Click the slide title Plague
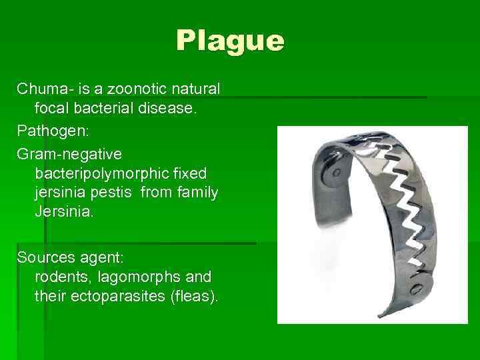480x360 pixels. [x=230, y=41]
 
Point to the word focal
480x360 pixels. [x=52, y=107]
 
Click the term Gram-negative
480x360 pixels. [x=69, y=154]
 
